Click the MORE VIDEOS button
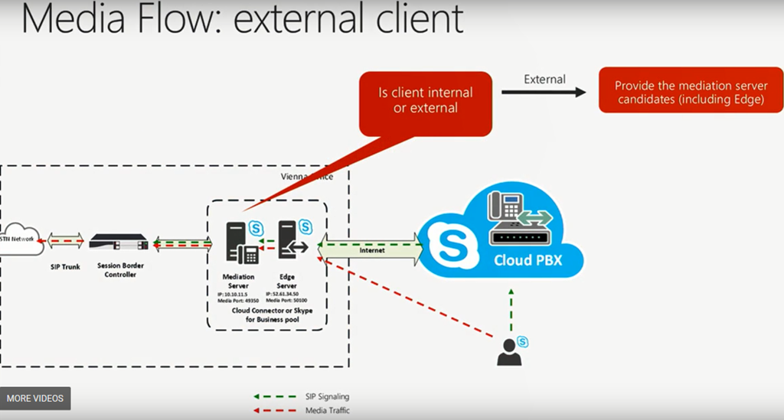point(35,399)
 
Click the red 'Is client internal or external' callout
point(426,100)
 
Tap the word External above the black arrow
point(544,79)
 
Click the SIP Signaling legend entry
point(326,397)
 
